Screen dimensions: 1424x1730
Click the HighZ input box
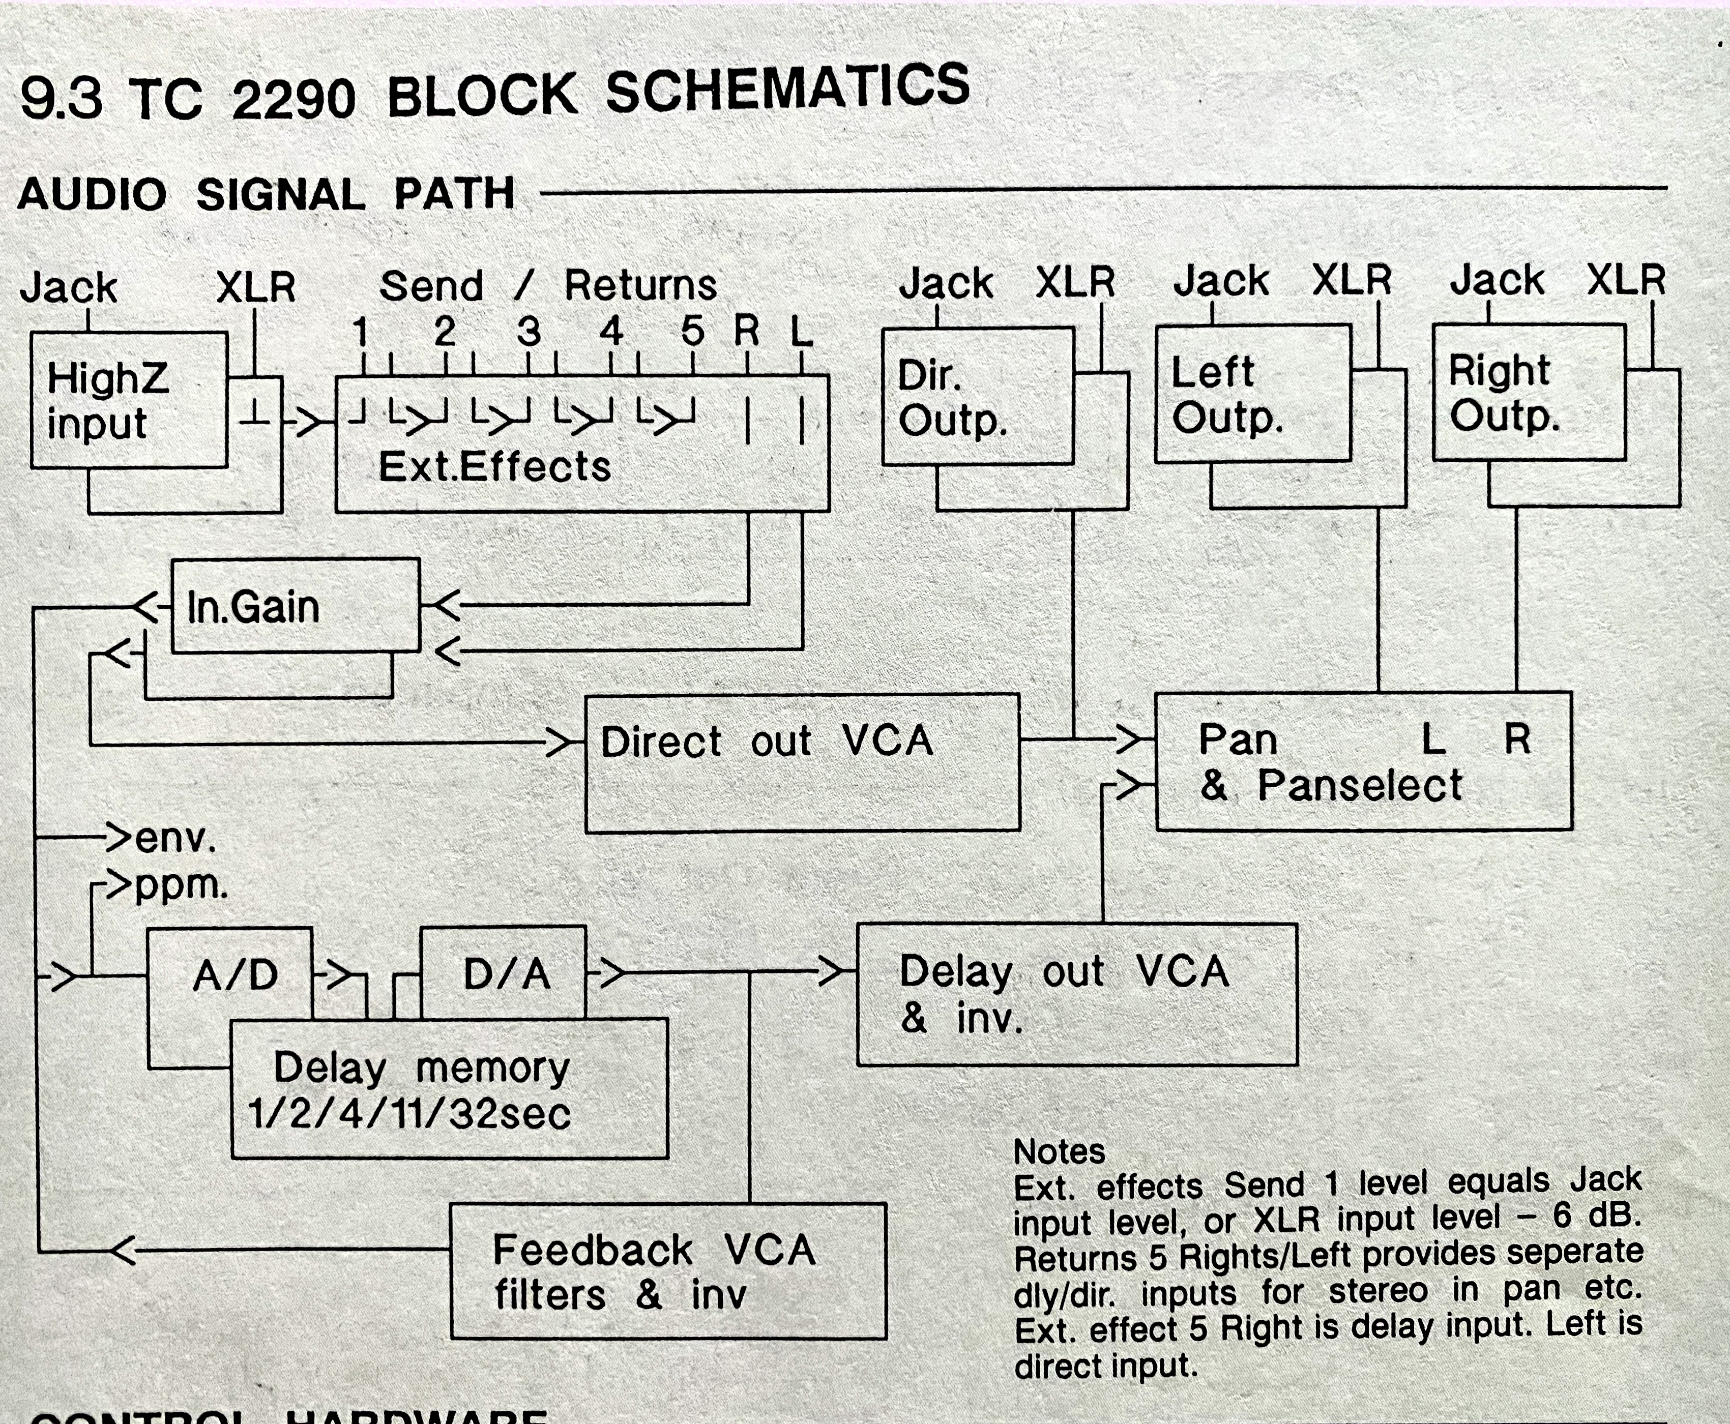[x=129, y=400]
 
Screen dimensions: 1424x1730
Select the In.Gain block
[x=296, y=606]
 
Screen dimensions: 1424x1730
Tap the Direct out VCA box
[x=802, y=763]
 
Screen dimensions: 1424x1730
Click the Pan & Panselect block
[x=1363, y=761]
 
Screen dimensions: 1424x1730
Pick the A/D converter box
[x=230, y=974]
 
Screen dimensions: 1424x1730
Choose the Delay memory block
[x=450, y=1089]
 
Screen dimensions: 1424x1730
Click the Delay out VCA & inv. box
[x=1076, y=994]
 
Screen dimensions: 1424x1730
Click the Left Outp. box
[x=1252, y=394]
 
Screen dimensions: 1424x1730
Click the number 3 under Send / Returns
[x=529, y=332]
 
